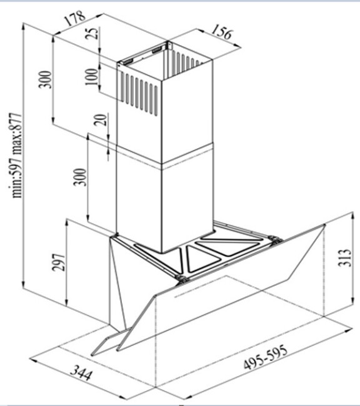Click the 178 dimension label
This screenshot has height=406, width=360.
tap(75, 18)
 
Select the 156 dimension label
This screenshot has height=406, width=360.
tap(222, 32)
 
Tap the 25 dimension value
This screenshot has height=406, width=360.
tap(93, 33)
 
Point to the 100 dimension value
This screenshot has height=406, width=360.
tap(92, 76)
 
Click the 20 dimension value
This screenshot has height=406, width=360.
tap(100, 120)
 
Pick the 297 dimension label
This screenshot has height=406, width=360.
tap(58, 262)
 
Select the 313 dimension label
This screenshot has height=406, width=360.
tap(345, 257)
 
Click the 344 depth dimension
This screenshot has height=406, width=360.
tap(81, 372)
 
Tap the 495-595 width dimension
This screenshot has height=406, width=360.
tap(266, 357)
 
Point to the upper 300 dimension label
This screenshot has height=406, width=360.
tap(46, 79)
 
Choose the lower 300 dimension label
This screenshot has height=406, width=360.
tap(80, 177)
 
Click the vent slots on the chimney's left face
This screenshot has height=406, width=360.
tap(139, 94)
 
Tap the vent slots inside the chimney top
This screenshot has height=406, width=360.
tap(187, 60)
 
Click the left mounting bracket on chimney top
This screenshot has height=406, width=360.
tap(127, 61)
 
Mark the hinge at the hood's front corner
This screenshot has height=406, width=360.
tap(182, 279)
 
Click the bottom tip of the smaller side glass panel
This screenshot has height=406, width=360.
tap(92, 354)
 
